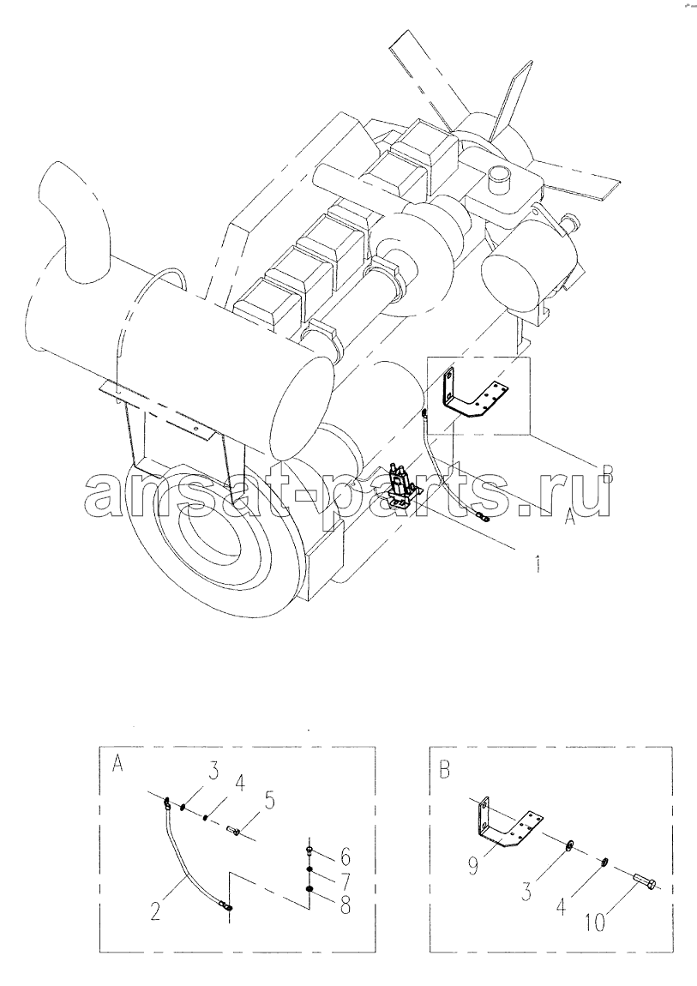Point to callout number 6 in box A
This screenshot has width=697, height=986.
click(x=345, y=857)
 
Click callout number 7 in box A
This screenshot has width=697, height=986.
click(x=345, y=881)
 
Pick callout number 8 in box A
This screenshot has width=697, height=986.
click(x=345, y=905)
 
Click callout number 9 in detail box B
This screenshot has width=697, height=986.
click(x=472, y=867)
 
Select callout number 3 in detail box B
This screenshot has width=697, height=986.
click(x=526, y=891)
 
